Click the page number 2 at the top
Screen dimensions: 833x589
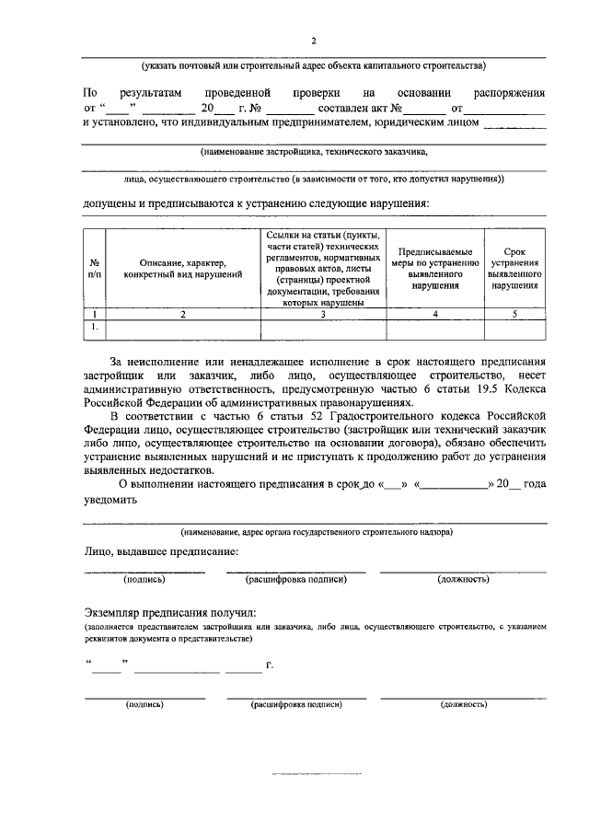point(313,40)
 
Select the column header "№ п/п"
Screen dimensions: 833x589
point(94,268)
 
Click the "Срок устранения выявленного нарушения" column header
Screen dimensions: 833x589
point(514,268)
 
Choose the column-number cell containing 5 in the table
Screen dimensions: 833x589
point(514,315)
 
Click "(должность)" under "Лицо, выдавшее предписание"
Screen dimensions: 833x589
point(462,579)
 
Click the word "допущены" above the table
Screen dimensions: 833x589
point(110,202)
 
